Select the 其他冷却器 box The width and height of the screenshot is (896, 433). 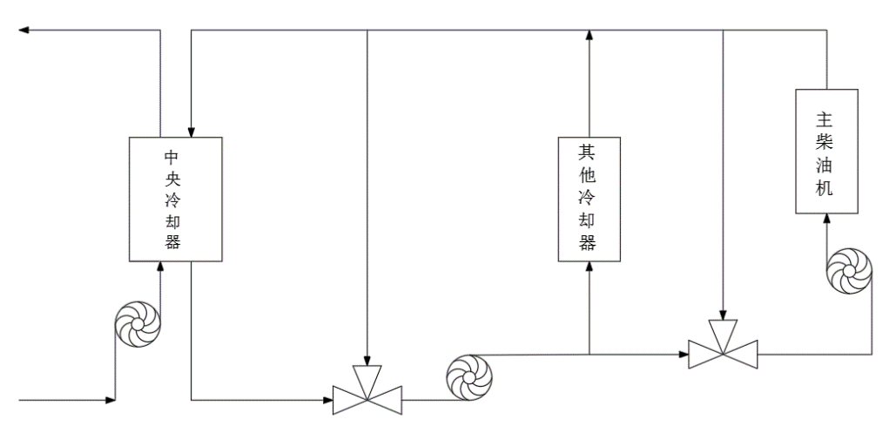(589, 199)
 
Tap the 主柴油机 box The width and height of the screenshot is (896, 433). (826, 153)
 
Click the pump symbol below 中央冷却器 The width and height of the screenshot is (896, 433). (138, 326)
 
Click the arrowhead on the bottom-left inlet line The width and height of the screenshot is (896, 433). (110, 401)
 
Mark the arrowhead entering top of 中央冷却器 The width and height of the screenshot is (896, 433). (191, 131)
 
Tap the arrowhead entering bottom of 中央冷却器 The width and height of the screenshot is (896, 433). (160, 266)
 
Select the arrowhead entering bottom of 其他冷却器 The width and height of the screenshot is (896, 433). (589, 267)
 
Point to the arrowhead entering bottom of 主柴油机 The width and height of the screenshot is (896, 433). (826, 221)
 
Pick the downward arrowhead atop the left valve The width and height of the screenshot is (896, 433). (368, 361)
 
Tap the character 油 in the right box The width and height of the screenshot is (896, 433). (826, 166)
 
